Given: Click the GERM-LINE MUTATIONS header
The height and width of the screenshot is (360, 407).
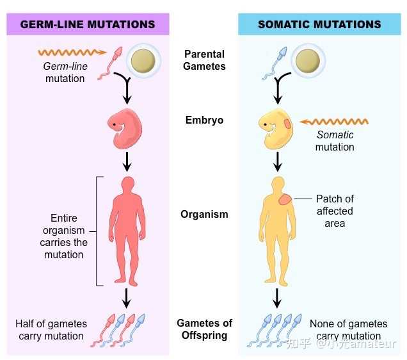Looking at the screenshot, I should [x=88, y=24].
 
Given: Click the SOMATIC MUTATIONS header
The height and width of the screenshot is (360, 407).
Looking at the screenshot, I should [x=319, y=24].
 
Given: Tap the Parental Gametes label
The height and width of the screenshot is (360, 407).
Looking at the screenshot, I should [x=205, y=60].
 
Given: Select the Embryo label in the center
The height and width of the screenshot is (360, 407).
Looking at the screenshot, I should [x=204, y=120].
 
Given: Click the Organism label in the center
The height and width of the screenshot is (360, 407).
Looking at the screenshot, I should [x=204, y=215].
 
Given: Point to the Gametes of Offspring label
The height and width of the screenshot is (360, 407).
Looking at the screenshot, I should [x=205, y=329].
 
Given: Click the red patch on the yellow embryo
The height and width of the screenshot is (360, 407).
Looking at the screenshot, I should [x=287, y=123].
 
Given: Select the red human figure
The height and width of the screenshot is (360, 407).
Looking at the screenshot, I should [x=127, y=229].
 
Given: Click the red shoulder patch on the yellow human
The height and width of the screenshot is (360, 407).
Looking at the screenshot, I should [x=283, y=200].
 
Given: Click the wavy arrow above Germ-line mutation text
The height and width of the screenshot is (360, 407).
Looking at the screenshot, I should [x=67, y=51].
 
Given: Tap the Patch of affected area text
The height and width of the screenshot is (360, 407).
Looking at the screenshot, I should [x=335, y=211].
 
